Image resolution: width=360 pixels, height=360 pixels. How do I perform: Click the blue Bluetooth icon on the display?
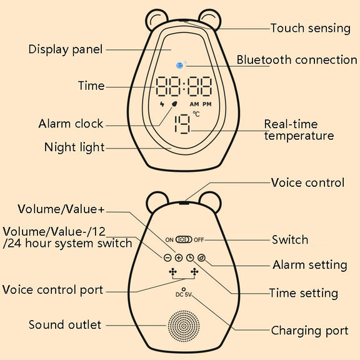pos(179,66)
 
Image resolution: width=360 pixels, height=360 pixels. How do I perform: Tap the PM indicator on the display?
pos(207,104)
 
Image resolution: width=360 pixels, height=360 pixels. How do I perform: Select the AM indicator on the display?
pos(194,104)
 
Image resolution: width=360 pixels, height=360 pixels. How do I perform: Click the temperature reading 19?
pos(182,124)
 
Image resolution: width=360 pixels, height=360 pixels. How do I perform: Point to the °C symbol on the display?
pos(196,114)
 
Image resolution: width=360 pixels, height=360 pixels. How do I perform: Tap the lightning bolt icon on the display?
pos(162,104)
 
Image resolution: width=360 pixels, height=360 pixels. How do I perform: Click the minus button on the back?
pos(167,257)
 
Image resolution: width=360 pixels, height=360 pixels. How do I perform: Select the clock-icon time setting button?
pos(190,257)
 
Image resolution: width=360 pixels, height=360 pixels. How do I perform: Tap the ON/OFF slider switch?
pos(184,240)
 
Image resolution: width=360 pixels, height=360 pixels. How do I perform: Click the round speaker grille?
pos(184,326)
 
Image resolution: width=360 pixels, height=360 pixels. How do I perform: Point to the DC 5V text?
pos(184,294)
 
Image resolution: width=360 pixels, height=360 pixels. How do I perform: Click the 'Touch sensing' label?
pos(311,29)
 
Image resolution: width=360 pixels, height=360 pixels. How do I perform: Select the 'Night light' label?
pos(74,147)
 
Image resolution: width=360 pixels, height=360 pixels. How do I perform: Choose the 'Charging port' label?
pos(309,331)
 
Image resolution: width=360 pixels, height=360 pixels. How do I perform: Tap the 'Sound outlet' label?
pos(65,324)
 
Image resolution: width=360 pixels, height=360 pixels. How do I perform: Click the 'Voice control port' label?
pos(52,290)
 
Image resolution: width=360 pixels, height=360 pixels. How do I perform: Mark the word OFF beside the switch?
pos(199,240)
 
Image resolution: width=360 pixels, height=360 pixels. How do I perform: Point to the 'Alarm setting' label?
pos(310,265)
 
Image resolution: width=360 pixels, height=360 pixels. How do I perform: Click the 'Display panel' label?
pos(66,49)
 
